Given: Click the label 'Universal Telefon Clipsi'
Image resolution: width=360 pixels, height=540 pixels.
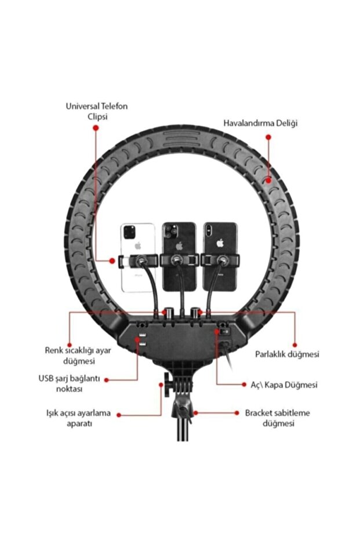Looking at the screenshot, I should point(96,111).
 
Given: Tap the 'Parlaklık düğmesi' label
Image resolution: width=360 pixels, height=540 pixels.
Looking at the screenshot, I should point(287,354).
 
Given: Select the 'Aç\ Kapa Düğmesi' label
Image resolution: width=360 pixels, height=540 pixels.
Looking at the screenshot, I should point(279,385).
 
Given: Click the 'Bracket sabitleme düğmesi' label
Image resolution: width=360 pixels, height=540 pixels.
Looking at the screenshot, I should point(277,418).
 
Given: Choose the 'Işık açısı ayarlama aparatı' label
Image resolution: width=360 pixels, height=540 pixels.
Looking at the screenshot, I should point(76,418).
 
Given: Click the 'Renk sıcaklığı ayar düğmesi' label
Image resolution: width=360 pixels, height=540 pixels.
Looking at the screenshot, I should point(70,355).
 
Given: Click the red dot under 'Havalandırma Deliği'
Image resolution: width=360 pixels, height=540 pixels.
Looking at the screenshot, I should point(268,137).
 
